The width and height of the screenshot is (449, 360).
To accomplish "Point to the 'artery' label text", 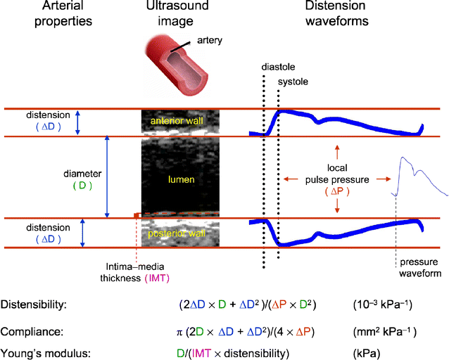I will click(210, 41).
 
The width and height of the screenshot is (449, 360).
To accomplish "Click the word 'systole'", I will click(293, 82).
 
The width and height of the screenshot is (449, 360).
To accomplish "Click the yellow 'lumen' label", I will click(181, 180).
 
